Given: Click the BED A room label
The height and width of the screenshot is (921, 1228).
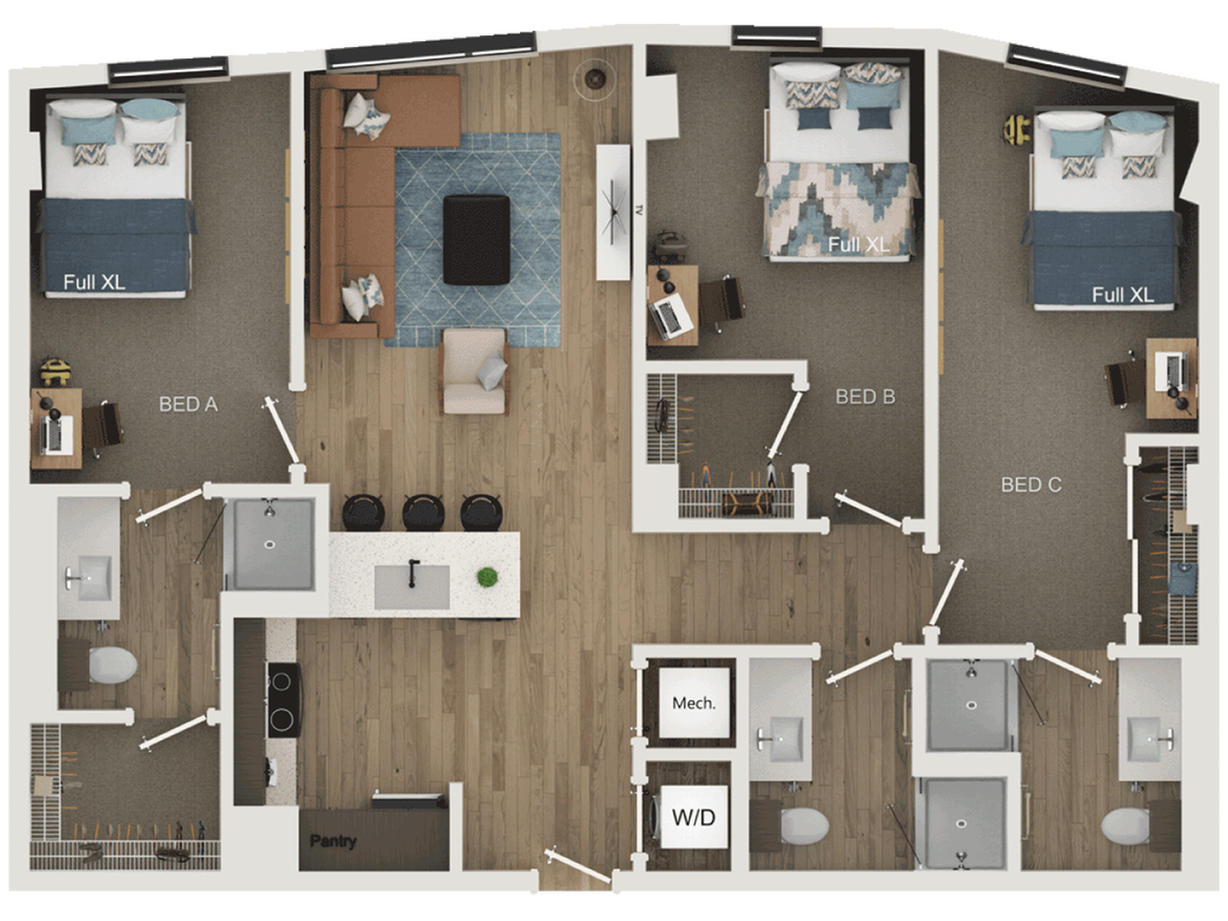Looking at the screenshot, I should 188,405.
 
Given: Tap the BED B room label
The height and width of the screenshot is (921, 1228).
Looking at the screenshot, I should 864,396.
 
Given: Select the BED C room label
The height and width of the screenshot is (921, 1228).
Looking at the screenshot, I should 1031,484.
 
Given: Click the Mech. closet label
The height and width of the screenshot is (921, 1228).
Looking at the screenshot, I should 693,703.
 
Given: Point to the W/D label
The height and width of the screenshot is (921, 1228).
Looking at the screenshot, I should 693,818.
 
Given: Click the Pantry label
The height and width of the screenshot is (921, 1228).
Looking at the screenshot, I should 333,841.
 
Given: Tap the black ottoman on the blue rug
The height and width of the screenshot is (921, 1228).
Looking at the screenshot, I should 476,239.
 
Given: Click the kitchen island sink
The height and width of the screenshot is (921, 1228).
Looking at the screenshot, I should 412,586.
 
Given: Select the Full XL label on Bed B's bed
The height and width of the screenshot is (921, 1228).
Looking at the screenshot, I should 859,245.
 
